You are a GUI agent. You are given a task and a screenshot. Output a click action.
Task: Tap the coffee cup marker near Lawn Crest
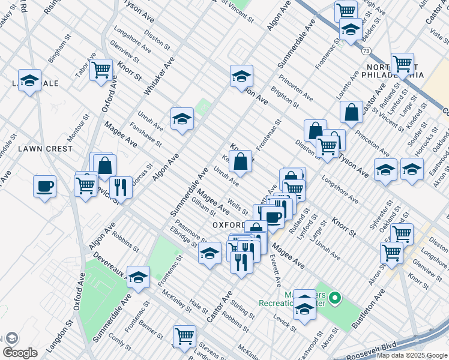coord(44,187)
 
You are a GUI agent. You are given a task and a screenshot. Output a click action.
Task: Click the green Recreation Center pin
coord(336,298)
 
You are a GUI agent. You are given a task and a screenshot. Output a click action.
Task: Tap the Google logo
coord(20,353)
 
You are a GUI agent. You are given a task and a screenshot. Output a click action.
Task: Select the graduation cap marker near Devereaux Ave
coord(139,277)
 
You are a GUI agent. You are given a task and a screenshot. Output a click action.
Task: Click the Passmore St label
coord(188,232)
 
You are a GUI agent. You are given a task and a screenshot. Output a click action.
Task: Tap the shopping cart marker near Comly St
coord(184,335)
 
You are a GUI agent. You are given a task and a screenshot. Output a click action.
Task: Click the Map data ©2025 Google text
coord(411,355)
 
